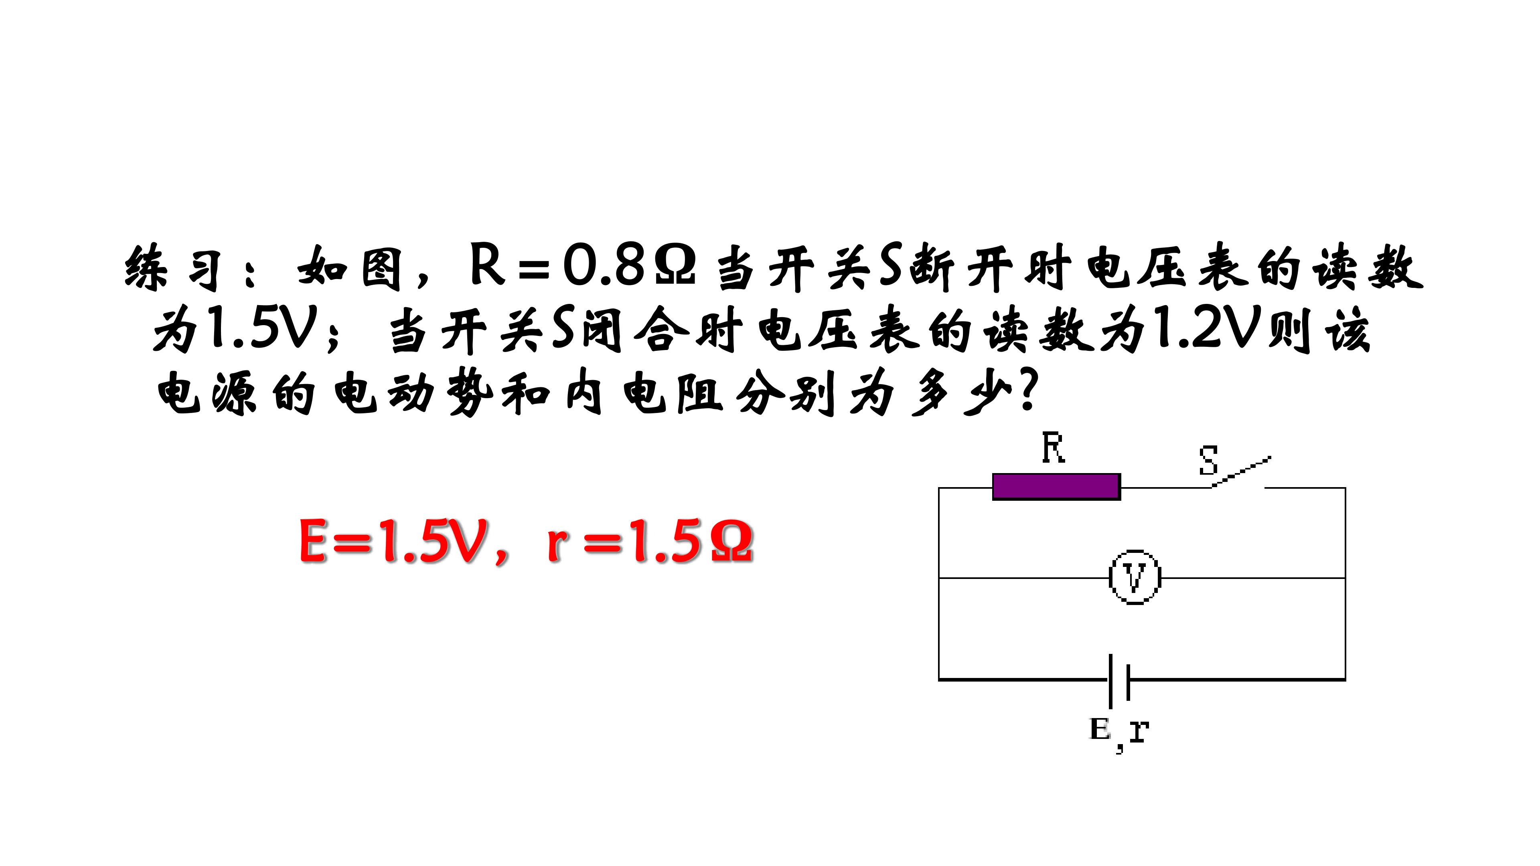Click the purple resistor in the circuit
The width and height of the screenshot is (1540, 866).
[1056, 486]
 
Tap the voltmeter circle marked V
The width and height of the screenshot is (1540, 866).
[1135, 577]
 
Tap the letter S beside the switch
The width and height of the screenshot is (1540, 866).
[1208, 460]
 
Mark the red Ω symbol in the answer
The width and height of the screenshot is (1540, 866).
[732, 542]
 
